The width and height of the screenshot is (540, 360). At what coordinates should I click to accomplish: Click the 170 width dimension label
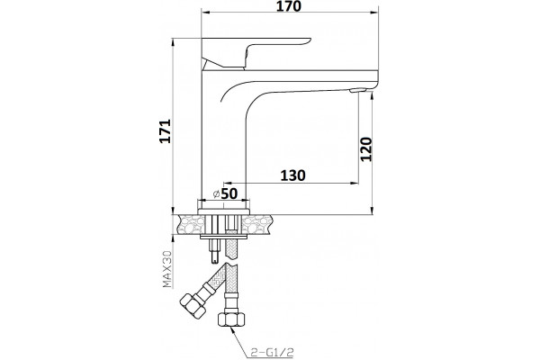289,6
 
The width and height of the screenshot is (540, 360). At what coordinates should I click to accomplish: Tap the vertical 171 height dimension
165,130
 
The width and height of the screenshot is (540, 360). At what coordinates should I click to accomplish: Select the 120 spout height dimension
366,148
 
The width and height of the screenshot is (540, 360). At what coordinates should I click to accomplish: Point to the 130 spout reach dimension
293,175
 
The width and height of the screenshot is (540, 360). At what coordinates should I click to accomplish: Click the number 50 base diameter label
229,193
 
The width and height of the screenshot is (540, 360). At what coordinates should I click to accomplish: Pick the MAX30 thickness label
167,269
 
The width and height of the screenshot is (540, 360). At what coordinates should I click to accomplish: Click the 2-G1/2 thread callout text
273,352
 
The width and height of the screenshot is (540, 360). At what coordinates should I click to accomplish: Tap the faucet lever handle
256,52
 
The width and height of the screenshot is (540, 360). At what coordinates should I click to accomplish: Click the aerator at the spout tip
356,90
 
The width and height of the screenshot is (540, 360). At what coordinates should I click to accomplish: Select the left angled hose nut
193,305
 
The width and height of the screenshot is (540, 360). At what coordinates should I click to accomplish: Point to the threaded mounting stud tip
214,257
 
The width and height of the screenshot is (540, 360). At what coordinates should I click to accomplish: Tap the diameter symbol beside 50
217,194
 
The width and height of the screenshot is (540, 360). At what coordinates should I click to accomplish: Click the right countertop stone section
256,224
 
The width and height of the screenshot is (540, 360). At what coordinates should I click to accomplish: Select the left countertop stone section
190,224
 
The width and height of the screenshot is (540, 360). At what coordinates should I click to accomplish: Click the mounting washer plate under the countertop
224,237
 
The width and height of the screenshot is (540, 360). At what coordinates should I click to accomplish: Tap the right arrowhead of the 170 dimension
374,13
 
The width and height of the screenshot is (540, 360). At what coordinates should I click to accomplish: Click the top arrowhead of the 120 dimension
372,97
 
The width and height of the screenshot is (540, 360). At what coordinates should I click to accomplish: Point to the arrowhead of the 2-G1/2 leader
233,330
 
